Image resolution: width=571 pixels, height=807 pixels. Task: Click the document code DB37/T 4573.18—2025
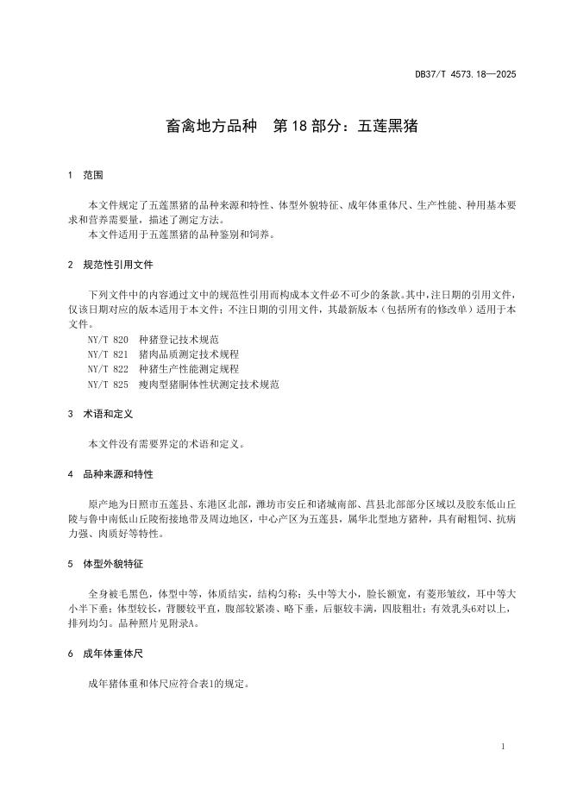tap(466, 74)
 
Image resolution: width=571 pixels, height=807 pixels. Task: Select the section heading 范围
tap(93, 175)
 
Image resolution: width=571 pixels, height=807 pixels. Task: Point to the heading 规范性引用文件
tap(118, 265)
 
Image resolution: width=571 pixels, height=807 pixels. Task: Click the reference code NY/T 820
tap(108, 340)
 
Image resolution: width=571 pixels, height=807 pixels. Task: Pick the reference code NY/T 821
tap(108, 354)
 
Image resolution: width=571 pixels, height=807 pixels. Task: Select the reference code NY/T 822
tap(108, 369)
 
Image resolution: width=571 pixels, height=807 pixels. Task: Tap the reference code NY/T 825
tap(108, 384)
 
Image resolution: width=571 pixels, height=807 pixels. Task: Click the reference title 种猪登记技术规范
tap(173, 340)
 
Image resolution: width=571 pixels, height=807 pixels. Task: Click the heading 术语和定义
tap(108, 414)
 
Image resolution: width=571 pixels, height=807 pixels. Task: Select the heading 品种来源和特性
tap(118, 474)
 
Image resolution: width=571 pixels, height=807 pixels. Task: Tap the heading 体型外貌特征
tap(113, 564)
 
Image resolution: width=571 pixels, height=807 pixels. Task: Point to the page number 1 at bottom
tap(502, 746)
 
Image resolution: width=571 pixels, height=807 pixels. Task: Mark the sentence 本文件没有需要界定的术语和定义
tap(166, 444)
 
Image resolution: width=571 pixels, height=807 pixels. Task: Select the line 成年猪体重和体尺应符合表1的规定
tap(169, 684)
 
